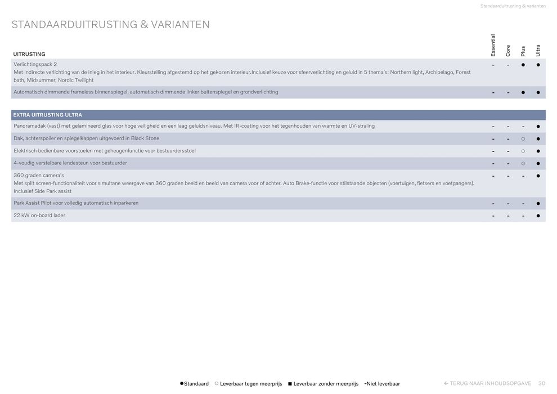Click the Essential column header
coord(493,45)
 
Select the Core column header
coord(508,50)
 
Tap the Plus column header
coord(523,51)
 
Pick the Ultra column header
coord(538,50)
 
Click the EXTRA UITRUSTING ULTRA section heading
coord(47,115)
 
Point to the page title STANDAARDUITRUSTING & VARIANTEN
coord(110,25)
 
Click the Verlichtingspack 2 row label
coord(35,64)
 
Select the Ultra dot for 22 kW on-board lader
coord(538,216)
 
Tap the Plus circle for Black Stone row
coord(523,139)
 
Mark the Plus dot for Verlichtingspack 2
coord(523,65)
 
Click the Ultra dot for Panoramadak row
coord(538,127)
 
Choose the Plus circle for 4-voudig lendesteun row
coord(523,164)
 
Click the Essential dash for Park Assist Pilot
coord(493,203)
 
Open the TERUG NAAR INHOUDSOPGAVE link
coord(487,383)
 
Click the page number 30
coord(542,383)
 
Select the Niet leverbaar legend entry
coord(382,384)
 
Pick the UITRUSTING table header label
coord(29,54)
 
